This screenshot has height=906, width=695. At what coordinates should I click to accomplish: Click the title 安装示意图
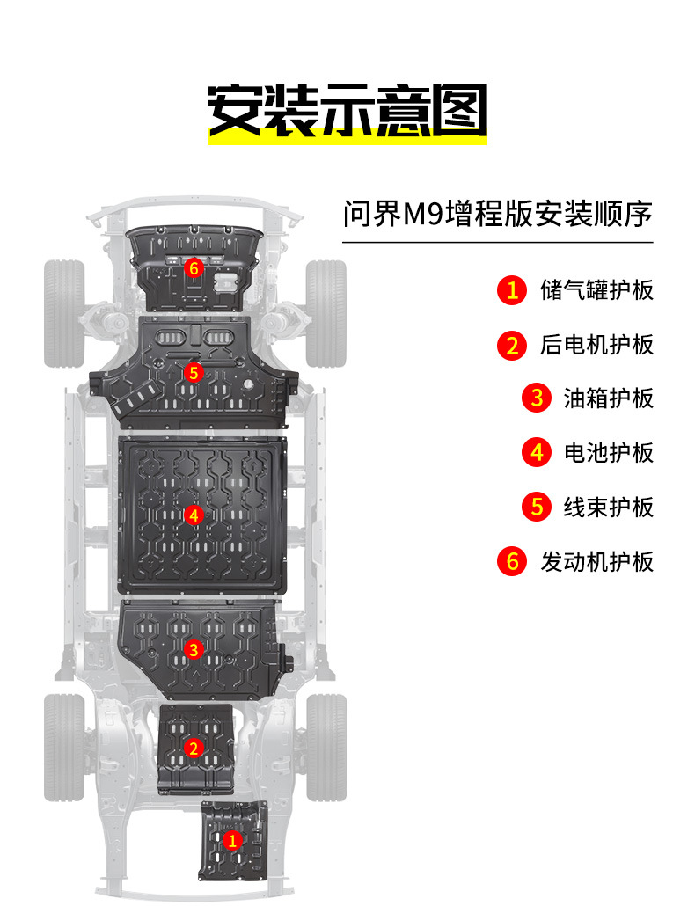(x=347, y=111)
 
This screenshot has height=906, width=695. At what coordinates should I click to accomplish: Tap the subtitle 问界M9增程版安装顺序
(x=497, y=213)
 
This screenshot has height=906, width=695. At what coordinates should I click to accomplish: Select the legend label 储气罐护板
(x=596, y=290)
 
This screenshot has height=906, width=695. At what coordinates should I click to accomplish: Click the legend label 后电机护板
(x=596, y=345)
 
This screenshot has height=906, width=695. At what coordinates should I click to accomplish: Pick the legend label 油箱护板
(x=608, y=398)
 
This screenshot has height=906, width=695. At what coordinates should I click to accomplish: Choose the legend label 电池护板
(x=608, y=453)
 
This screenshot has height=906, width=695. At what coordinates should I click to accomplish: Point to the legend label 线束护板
(x=608, y=508)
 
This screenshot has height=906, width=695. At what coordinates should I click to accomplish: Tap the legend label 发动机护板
(x=596, y=561)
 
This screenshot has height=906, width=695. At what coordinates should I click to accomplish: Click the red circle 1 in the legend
(x=511, y=290)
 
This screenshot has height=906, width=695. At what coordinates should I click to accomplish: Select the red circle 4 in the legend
(x=536, y=453)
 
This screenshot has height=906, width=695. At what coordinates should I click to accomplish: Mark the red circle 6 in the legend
(x=511, y=561)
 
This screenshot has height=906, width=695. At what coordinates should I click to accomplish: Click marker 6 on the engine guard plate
(x=194, y=266)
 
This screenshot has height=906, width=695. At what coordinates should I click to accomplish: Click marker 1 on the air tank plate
(x=232, y=841)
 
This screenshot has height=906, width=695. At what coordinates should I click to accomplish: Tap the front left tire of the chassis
(x=63, y=312)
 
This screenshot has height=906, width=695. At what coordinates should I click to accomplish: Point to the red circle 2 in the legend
(x=511, y=345)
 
